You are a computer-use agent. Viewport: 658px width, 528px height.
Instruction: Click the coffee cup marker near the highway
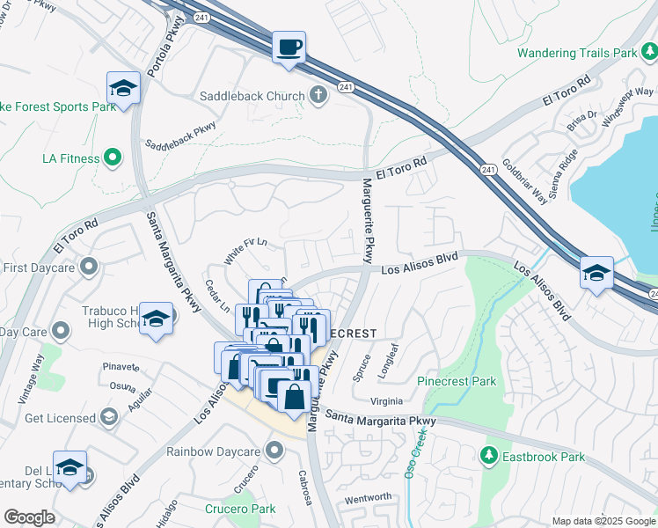point(288,48)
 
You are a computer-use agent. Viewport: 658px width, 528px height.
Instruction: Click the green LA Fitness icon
point(112,158)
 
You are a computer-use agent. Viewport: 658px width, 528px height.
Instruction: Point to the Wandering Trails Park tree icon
point(648,53)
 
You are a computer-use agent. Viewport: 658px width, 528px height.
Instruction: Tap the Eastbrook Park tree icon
point(488,456)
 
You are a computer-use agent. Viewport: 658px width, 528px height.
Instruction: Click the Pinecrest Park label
point(457,382)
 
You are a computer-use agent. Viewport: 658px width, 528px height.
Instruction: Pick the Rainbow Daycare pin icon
point(274,451)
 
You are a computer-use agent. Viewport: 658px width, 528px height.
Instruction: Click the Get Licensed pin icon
point(109,417)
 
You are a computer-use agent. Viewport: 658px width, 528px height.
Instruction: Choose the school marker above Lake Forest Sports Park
point(123,88)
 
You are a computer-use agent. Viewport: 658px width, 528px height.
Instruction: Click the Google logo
point(29,517)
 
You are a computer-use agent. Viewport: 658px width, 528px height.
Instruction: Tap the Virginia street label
point(392,400)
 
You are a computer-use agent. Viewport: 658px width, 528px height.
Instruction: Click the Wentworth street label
point(368,497)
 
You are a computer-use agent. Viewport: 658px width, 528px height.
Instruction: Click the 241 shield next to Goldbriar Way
point(488,168)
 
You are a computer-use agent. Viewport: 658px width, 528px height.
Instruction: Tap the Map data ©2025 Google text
point(603,521)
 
